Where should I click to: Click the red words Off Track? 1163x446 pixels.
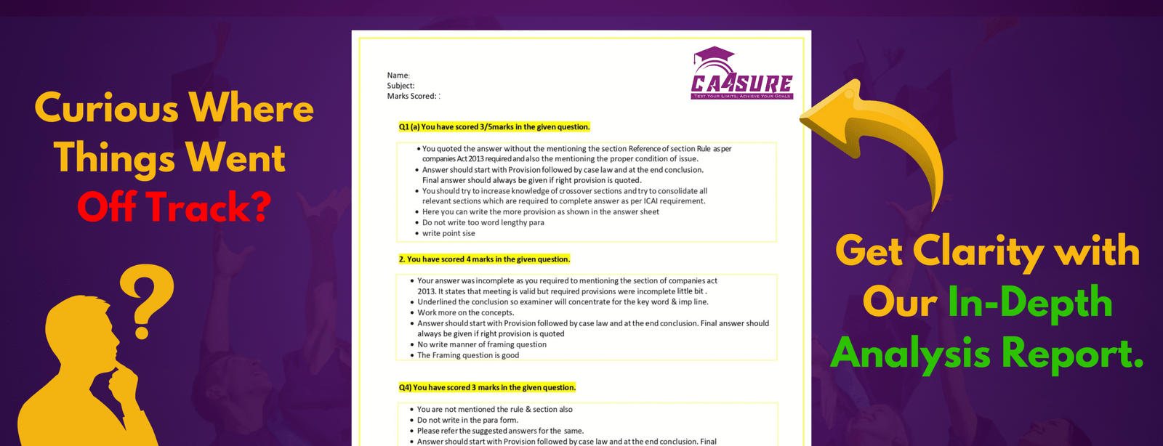point(174,207)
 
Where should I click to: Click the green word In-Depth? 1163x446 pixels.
point(1030,301)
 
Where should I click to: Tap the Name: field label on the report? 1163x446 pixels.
point(398,76)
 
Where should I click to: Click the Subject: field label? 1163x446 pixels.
point(401,86)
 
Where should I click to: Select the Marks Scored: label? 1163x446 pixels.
point(412,96)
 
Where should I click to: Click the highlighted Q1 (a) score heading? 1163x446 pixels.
point(494,127)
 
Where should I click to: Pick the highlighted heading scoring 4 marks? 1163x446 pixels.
point(484,259)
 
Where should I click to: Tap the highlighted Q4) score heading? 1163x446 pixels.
point(487,388)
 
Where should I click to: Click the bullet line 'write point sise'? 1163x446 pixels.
point(448,233)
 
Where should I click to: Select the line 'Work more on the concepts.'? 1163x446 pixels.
point(465,312)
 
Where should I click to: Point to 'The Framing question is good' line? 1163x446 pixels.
point(468,355)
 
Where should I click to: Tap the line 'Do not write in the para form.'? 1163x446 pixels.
point(467,420)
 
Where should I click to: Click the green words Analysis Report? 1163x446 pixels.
point(986,354)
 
